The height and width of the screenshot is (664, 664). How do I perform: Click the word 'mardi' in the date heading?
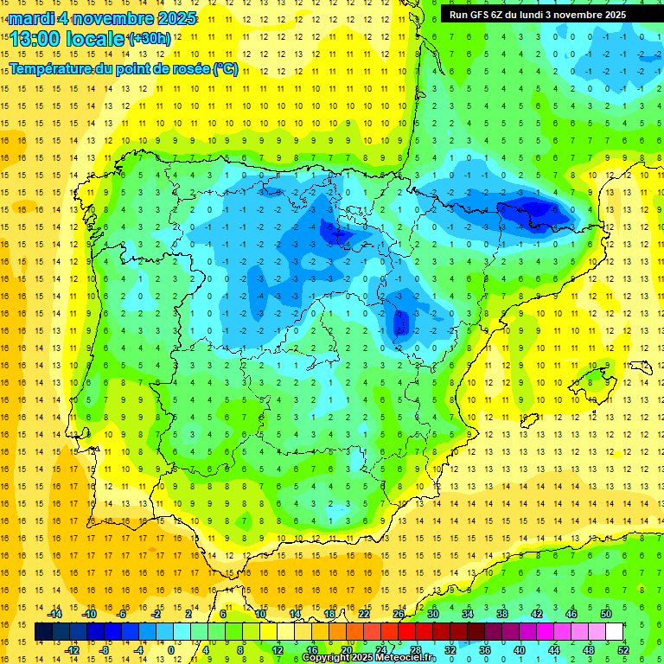click(x=31, y=17)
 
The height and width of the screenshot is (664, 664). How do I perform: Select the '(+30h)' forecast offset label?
click(x=149, y=39)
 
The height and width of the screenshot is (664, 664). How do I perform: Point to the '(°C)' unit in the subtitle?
click(x=225, y=69)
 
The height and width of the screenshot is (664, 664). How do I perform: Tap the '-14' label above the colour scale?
click(x=57, y=613)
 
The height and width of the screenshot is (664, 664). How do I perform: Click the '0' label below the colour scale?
click(x=170, y=649)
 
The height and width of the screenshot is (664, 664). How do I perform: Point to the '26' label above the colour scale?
click(x=399, y=613)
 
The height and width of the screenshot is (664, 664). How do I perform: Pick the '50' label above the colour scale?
click(x=606, y=613)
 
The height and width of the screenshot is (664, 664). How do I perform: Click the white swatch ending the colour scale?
click(x=615, y=631)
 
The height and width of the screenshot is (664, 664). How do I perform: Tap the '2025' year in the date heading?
click(x=171, y=17)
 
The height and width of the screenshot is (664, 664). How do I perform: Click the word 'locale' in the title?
click(x=95, y=39)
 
